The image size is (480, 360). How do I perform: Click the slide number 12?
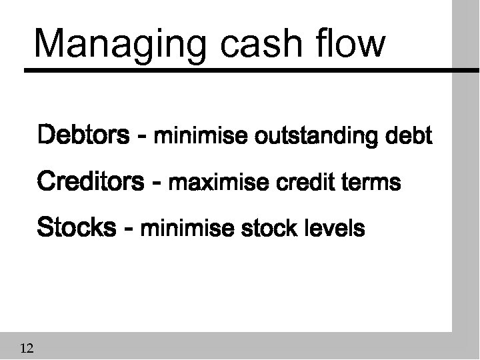click(28, 347)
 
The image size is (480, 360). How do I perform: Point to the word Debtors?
click(83, 136)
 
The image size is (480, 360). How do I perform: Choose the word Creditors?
click(90, 181)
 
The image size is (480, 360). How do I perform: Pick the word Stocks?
click(77, 227)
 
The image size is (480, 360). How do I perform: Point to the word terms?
click(369, 183)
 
